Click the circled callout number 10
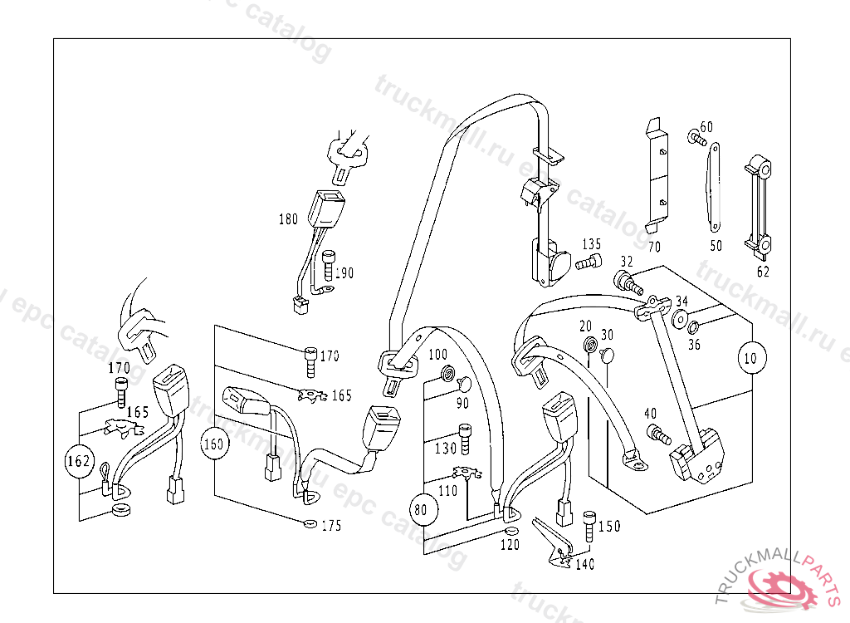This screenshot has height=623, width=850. click(751, 359)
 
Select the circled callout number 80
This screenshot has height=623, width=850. click(422, 510)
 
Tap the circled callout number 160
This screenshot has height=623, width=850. click(214, 444)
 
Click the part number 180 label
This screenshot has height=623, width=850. click(288, 220)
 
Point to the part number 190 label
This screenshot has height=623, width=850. click(344, 272)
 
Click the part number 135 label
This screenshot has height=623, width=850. click(591, 244)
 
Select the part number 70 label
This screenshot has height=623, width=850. click(654, 247)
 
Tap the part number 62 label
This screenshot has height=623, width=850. click(763, 271)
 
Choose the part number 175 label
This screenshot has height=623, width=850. click(331, 526)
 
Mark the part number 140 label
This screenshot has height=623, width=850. click(584, 565)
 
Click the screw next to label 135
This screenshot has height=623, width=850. click(588, 263)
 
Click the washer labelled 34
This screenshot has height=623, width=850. click(679, 318)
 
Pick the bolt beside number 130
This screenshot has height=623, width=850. click(465, 439)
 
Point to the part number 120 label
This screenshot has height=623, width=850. click(509, 546)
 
